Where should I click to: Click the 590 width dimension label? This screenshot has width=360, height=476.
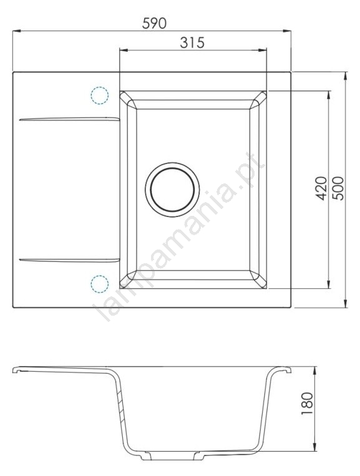click(154, 23)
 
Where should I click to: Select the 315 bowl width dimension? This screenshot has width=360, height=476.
click(192, 43)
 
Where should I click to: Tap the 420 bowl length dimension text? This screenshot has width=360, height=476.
click(321, 188)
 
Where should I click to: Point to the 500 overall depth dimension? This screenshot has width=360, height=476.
click(338, 188)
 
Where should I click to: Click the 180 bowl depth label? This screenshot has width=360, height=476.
click(307, 404)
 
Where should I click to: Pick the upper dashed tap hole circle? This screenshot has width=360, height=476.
click(100, 95)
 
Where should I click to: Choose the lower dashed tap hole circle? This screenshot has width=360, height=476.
click(100, 284)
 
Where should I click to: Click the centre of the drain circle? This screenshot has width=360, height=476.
click(172, 190)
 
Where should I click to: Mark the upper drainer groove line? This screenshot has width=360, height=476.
click(69, 119)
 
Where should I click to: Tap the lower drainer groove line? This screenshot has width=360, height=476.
click(69, 260)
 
